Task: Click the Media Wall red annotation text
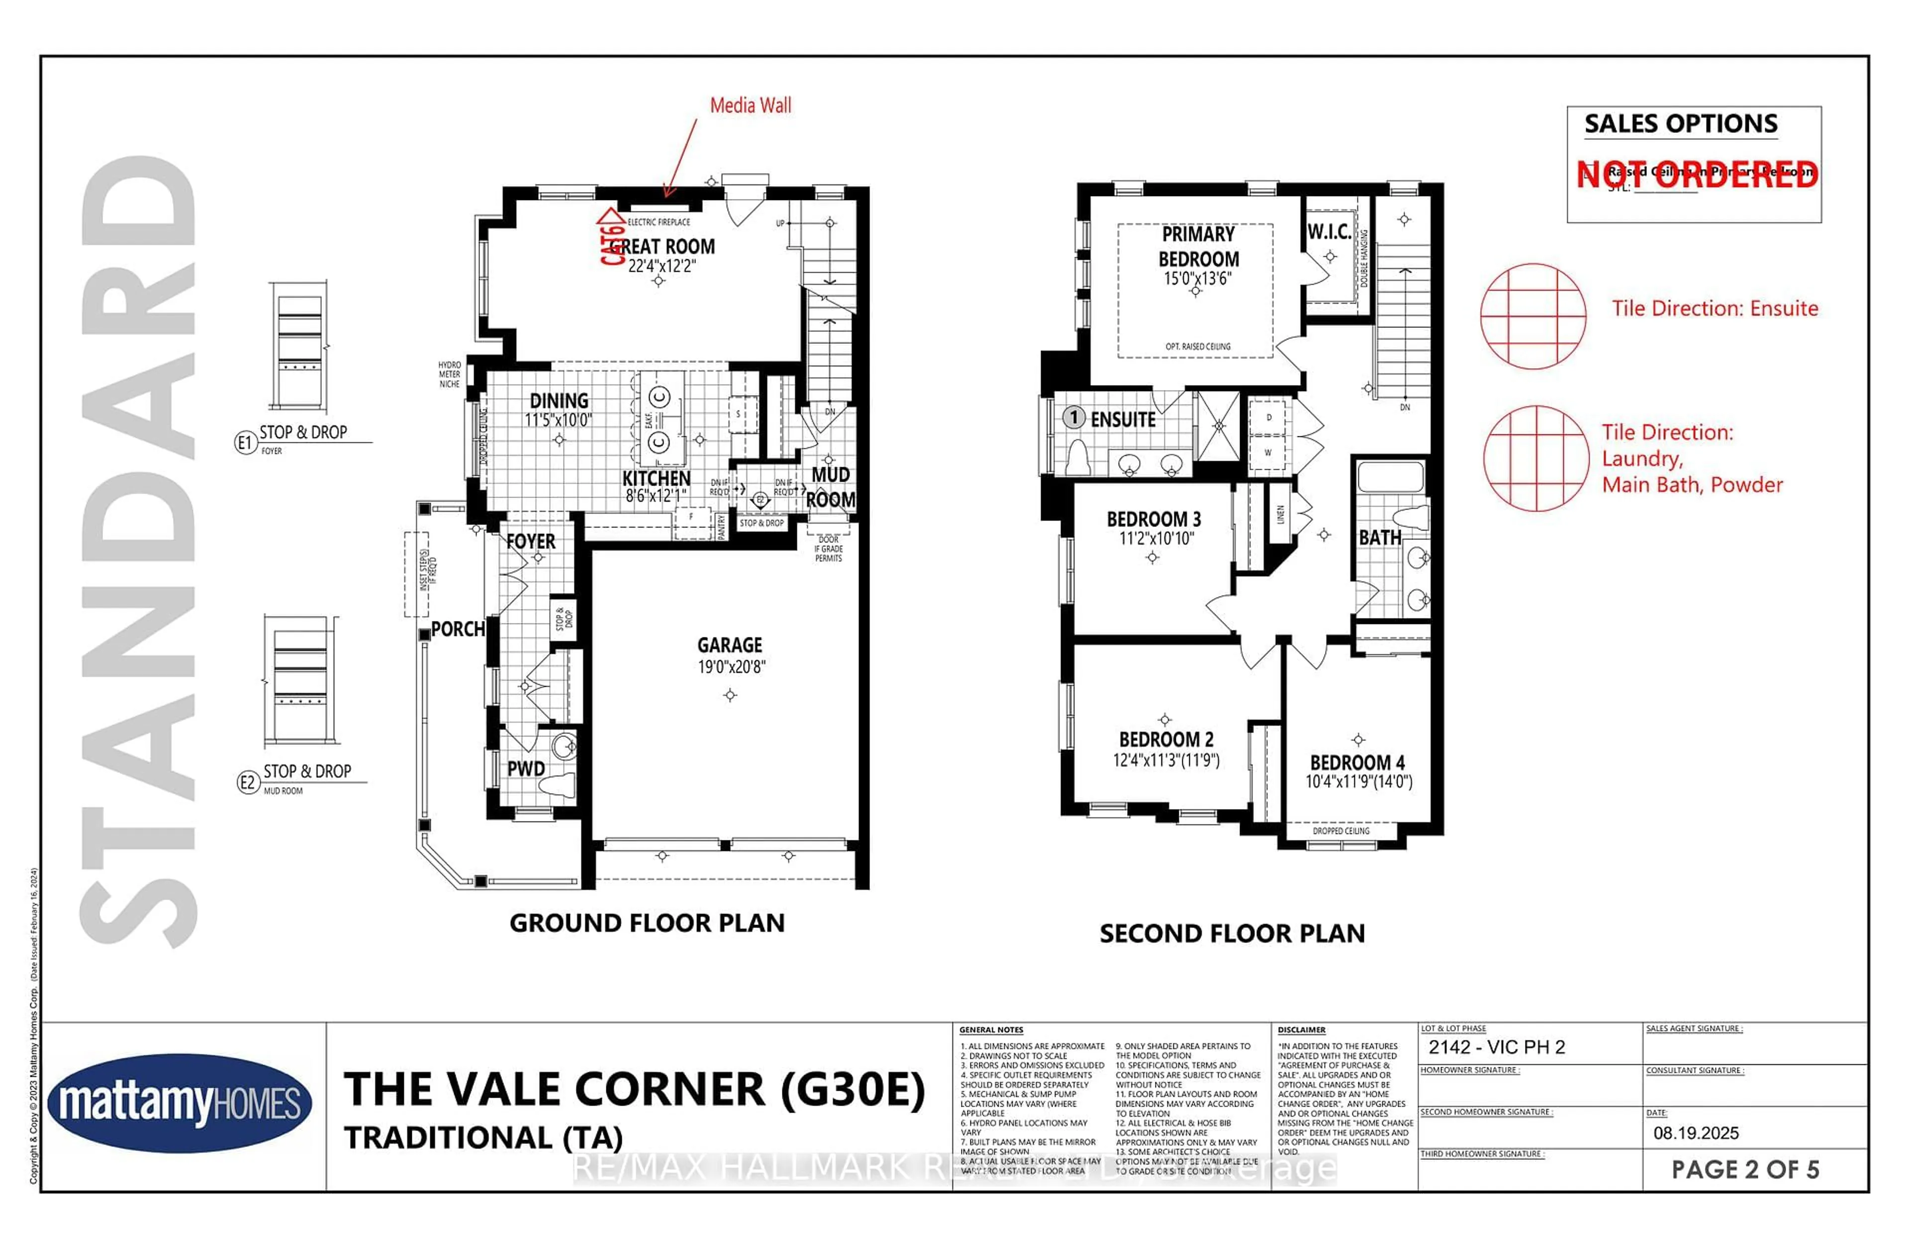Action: [x=750, y=105]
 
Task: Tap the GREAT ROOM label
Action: [x=663, y=246]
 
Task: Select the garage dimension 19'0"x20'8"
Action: [x=731, y=666]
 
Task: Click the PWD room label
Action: [x=525, y=768]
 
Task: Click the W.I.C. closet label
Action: [x=1329, y=232]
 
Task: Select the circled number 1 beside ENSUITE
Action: [x=1073, y=417]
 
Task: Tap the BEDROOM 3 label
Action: [x=1153, y=519]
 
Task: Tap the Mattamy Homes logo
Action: [x=180, y=1104]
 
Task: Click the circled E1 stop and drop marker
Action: [x=244, y=442]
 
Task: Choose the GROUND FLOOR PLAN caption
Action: [x=647, y=923]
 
